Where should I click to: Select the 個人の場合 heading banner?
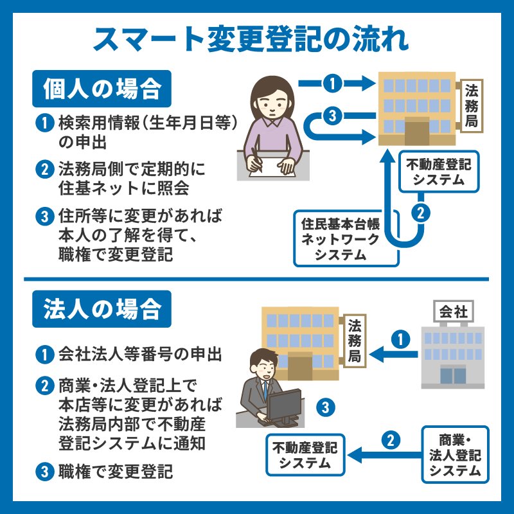pyautogui.click(x=102, y=88)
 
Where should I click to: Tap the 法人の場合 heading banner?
pyautogui.click(x=102, y=309)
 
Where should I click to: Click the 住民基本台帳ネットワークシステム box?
pyautogui.click(x=346, y=238)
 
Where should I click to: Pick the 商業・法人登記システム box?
pyautogui.click(x=455, y=455)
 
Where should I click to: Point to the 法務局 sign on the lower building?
pyautogui.click(x=355, y=341)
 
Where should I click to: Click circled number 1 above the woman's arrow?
pyautogui.click(x=332, y=82)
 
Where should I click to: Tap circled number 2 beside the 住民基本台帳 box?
pyautogui.click(x=420, y=213)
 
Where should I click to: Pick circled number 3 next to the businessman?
pyautogui.click(x=325, y=407)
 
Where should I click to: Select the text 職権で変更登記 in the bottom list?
pyautogui.click(x=116, y=472)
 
